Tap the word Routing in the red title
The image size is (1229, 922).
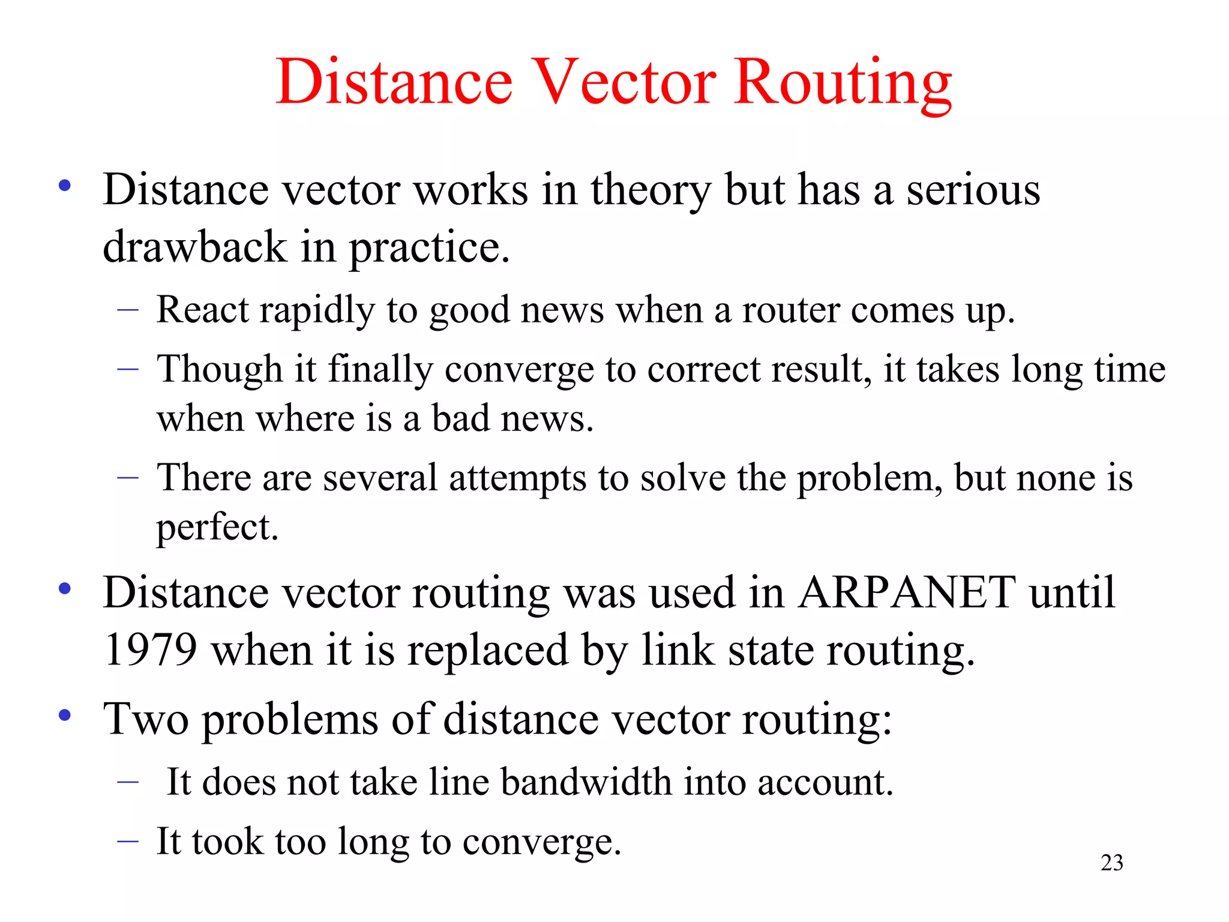[x=843, y=84]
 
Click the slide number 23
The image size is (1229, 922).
[x=1111, y=863]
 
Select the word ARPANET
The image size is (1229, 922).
[x=907, y=592]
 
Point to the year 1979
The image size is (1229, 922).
[x=150, y=649]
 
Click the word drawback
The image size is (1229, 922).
[x=194, y=247]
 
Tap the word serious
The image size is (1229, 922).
[x=973, y=190]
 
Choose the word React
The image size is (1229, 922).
[x=202, y=310]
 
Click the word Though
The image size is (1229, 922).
[x=220, y=369]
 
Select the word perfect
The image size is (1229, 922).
[x=217, y=528]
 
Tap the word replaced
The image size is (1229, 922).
[x=487, y=651]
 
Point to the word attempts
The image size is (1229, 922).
[x=517, y=478]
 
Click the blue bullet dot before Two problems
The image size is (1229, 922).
[x=65, y=716]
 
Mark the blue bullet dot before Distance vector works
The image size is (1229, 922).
[x=65, y=186]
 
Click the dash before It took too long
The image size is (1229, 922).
[x=128, y=841]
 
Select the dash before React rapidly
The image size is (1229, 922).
[x=128, y=310]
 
